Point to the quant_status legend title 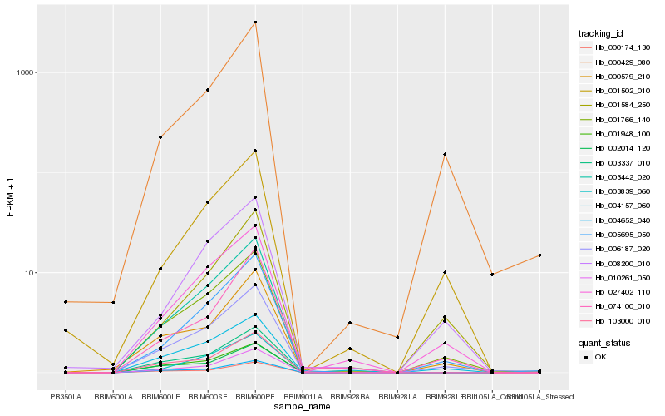(605, 342)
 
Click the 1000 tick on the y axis (29, 72)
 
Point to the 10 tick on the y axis (32, 273)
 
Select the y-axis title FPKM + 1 (11, 198)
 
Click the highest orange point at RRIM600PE (255, 22)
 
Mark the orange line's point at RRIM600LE (160, 137)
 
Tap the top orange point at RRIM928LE (445, 154)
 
